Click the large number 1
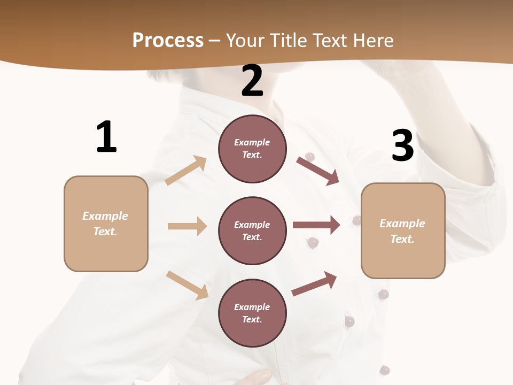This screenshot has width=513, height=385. tap(106, 137)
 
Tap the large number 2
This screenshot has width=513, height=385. tap(252, 81)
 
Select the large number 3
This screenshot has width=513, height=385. tap(402, 145)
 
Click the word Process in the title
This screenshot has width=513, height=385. tap(168, 40)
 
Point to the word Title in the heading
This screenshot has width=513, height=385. tap(286, 40)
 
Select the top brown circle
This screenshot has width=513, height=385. tap(252, 149)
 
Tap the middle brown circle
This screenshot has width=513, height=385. tap(252, 230)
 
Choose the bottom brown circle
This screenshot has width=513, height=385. tap(252, 313)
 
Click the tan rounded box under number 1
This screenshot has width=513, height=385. tap(106, 224)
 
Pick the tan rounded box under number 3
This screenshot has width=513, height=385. tap(402, 230)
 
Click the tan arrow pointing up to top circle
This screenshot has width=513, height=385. tap(186, 170)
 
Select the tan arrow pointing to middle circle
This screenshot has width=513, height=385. tap(187, 226)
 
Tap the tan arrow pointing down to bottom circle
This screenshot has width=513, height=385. tap(187, 285)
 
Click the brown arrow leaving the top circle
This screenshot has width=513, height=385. tap(317, 171)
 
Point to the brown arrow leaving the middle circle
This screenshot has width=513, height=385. tap(316, 225)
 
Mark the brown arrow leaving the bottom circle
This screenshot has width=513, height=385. tap(314, 283)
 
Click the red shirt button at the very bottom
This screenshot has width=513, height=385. tap(384, 369)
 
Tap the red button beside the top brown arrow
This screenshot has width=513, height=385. tap(309, 156)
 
